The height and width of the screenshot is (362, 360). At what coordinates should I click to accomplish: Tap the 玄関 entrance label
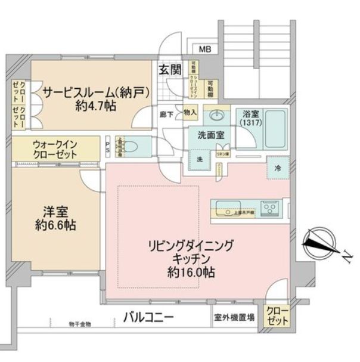pos(169,69)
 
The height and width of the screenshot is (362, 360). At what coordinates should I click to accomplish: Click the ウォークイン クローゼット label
pos(55,148)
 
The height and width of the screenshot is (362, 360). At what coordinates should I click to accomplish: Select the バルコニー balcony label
pos(149,317)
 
